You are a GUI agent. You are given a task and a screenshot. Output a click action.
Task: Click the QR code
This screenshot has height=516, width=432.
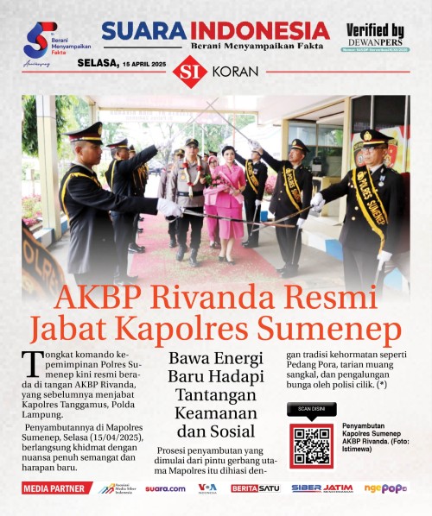point(311,445)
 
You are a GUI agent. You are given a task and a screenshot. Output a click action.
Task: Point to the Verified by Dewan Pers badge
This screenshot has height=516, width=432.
point(375,37)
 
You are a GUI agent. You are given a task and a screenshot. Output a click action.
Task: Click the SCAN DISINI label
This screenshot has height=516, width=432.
point(311,410)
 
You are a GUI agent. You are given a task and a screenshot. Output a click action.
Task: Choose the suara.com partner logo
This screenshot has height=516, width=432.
point(165,488)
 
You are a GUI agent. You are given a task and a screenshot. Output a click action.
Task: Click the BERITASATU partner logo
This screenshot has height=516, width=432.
point(255,488)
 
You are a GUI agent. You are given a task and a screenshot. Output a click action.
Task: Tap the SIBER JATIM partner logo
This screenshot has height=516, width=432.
point(321,488)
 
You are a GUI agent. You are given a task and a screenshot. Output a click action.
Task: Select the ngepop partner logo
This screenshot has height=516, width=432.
point(385,488)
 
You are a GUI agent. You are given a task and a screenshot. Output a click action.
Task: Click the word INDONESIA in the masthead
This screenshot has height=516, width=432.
point(260,30)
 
